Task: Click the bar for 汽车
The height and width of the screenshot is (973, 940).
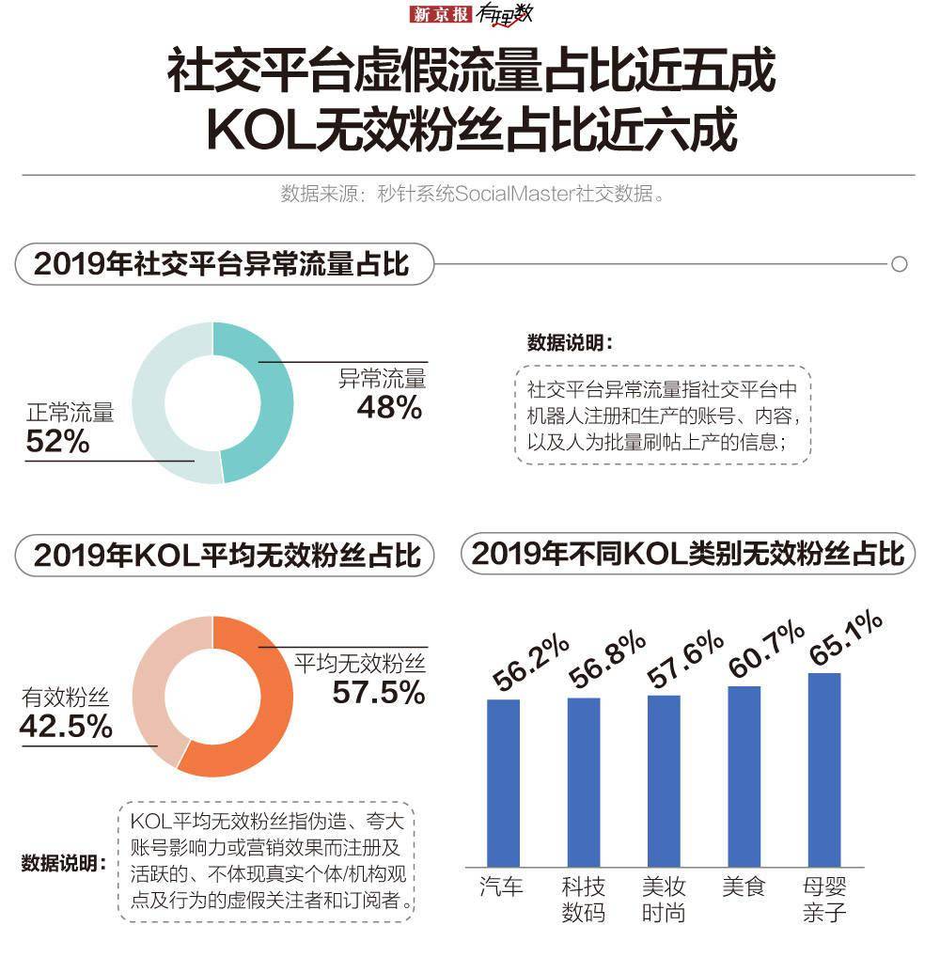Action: pos(503,782)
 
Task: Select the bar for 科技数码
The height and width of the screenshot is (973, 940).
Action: pos(584,781)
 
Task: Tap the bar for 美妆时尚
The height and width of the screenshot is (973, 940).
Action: pos(664,780)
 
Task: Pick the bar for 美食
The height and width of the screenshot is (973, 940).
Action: pos(744,776)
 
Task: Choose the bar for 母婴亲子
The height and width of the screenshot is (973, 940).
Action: pos(824,769)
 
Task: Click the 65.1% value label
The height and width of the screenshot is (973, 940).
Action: pos(846,639)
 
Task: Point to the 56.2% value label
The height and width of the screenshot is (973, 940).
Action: pos(531,664)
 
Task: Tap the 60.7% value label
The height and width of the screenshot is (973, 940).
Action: pos(766,649)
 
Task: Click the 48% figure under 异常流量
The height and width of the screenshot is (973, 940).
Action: pos(389,408)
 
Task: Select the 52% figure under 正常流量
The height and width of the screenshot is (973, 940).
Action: pos(57,442)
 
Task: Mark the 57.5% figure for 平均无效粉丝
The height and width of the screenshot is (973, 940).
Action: pos(378,693)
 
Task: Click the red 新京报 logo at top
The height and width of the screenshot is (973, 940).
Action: pos(442,15)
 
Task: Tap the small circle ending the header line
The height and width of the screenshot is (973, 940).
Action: pos(899,264)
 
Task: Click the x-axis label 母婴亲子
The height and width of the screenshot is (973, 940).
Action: pos(824,899)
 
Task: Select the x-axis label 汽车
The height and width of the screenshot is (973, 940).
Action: pos(501,887)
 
